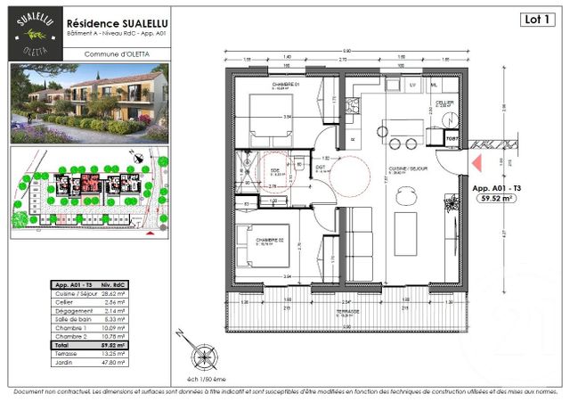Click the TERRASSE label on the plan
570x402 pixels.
click(x=354, y=313)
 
